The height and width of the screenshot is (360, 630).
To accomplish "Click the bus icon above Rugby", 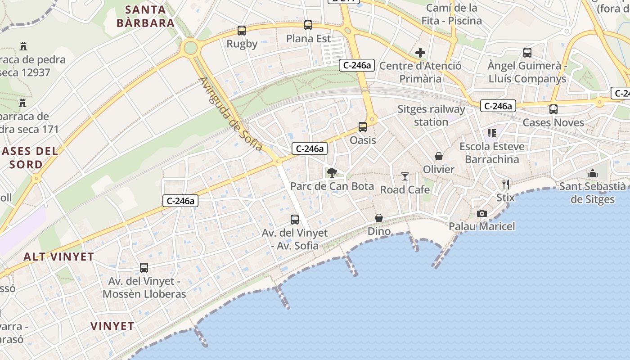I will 242,31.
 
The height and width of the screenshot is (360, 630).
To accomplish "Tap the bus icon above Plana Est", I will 308,25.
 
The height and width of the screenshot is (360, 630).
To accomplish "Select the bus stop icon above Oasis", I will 363,127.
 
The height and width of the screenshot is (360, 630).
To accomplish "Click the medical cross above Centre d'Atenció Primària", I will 420,53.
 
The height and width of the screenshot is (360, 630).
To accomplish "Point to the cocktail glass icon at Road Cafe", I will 405,176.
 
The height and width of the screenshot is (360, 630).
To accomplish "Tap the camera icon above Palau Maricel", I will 481,213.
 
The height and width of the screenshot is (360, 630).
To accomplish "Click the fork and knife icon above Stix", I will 506,184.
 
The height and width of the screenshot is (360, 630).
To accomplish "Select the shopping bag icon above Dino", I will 379,218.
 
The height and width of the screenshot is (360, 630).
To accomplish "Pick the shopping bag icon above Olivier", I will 439,156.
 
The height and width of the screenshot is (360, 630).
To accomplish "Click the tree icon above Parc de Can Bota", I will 332,172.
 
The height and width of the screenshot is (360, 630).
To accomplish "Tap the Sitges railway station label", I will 431,116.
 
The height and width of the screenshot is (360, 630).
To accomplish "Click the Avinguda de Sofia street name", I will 230,114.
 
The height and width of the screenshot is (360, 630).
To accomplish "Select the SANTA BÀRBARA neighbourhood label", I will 145,16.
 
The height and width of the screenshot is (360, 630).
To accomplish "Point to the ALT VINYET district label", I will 59,257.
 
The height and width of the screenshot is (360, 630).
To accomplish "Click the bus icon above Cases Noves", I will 553,109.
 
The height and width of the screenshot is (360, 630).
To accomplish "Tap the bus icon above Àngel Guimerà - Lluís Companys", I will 527,53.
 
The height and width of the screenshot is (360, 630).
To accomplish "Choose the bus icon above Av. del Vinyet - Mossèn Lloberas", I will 144,268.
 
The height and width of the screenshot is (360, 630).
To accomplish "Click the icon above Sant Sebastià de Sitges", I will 593,173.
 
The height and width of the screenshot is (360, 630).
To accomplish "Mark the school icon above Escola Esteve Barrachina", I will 492,133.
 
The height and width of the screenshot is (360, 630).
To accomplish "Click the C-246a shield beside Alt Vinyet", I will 180,201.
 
